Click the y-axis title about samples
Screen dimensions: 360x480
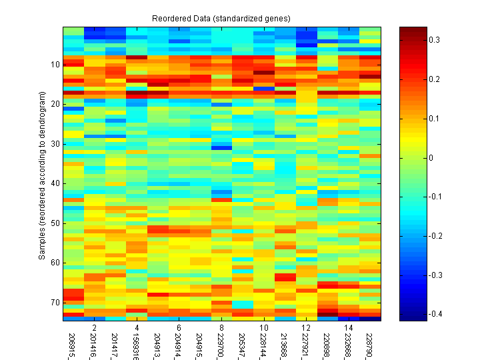click(41, 174)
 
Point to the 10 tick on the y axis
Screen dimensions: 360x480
click(54, 65)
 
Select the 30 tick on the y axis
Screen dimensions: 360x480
click(54, 144)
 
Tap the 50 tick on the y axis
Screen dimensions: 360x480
click(54, 223)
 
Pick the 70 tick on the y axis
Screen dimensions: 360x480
click(54, 303)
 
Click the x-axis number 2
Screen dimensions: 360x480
click(95, 328)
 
